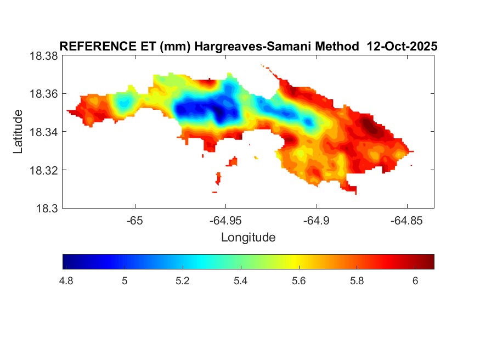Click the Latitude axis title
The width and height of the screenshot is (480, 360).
click(x=19, y=132)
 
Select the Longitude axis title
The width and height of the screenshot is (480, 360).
click(x=248, y=238)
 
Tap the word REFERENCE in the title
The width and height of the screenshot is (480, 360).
click(x=91, y=47)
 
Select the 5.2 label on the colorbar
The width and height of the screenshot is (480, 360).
click(x=183, y=281)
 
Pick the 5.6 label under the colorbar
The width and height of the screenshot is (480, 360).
click(x=298, y=281)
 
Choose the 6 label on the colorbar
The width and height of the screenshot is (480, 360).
click(x=415, y=281)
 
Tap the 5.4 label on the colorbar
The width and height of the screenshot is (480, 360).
click(x=241, y=281)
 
